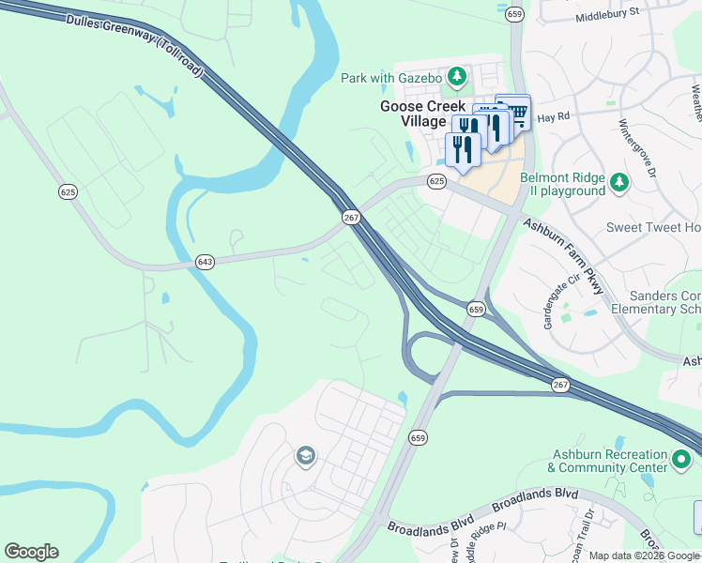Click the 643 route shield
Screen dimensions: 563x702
205,262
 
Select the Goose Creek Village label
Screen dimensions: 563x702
422,114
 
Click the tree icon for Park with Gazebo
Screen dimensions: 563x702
457,76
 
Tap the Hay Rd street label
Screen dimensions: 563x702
554,119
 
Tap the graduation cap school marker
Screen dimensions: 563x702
305,457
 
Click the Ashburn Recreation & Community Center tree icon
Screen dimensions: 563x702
681,461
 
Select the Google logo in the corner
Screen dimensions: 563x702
31,552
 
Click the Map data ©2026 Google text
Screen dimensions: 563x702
644,555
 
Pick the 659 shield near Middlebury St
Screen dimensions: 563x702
514,14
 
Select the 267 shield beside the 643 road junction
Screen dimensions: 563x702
351,217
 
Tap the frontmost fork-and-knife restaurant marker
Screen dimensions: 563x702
463,149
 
